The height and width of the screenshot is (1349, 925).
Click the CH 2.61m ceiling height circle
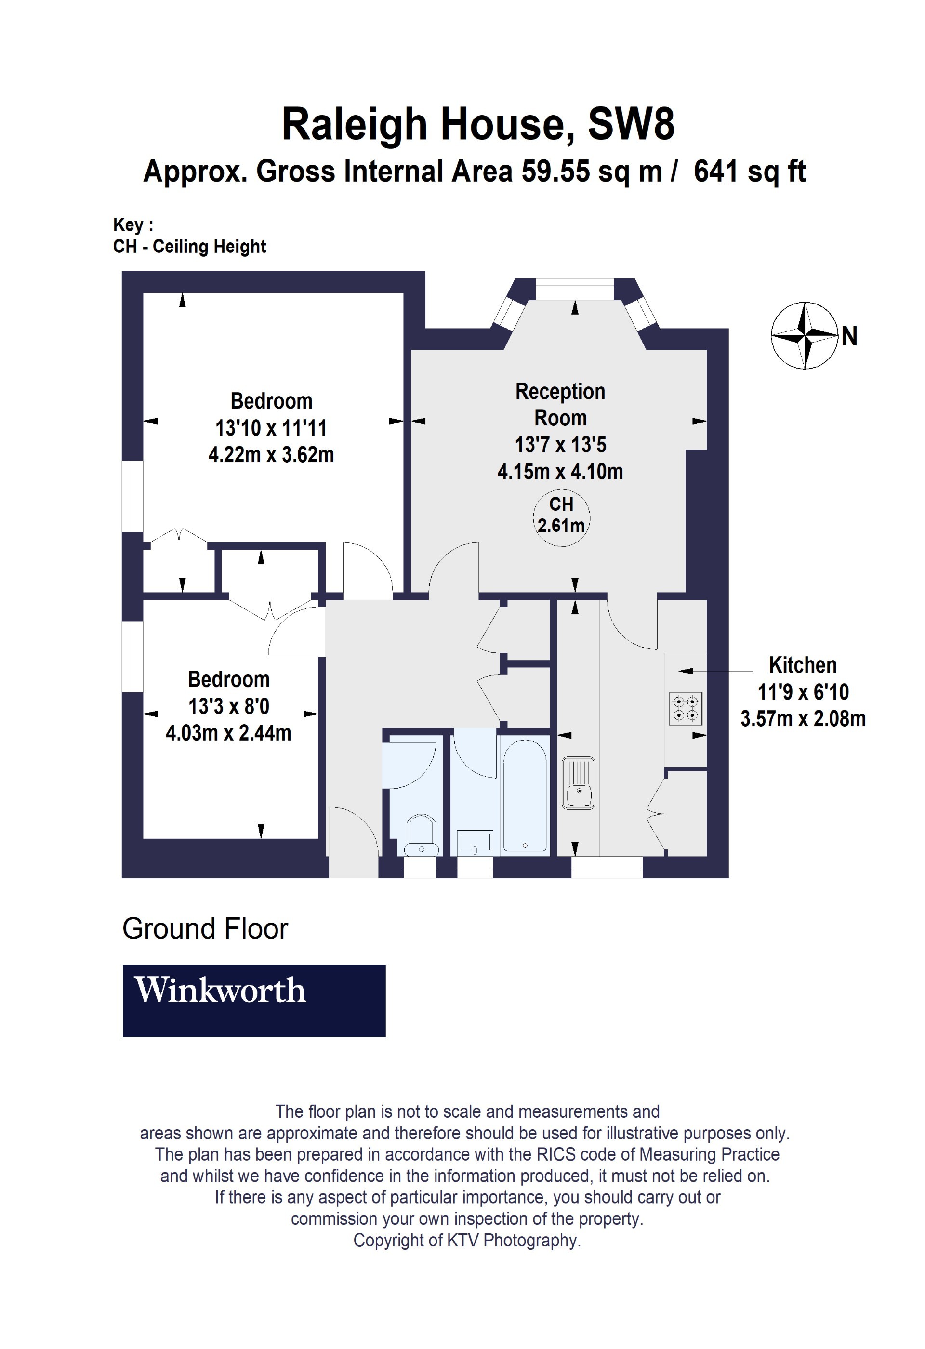pos(561,516)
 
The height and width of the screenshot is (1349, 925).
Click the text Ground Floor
pos(205,929)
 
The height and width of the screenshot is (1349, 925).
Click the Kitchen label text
pos(803,665)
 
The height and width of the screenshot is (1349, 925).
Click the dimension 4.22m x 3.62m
pos(271,454)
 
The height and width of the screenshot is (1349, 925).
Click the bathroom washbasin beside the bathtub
pos(475,842)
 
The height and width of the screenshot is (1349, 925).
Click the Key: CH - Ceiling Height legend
pos(189,236)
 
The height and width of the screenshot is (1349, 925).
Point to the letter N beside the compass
pos(849,337)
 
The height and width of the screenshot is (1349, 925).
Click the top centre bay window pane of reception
pos(574,289)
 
